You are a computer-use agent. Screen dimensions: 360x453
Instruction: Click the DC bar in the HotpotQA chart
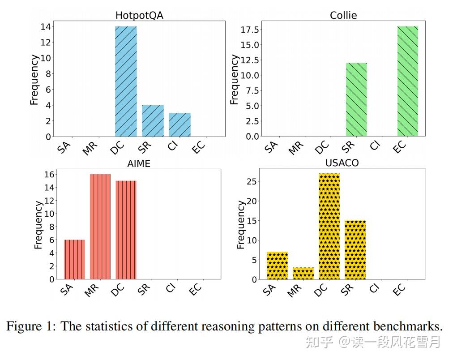[x=126, y=81]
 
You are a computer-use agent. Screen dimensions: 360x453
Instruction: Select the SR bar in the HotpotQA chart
[x=153, y=120]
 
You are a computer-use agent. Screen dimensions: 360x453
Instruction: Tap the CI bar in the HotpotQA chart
[x=179, y=124]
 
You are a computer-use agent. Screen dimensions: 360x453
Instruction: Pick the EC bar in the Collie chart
[x=407, y=81]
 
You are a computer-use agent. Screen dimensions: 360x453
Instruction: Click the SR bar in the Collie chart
[x=356, y=99]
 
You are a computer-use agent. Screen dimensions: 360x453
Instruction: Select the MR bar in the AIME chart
[x=100, y=227]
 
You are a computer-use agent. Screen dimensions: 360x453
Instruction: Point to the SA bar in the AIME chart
[x=74, y=259]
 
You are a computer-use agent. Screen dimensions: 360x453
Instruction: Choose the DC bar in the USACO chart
[x=329, y=226]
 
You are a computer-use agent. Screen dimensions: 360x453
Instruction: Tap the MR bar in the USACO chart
[x=303, y=273]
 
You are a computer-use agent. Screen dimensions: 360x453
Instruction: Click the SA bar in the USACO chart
[x=277, y=266]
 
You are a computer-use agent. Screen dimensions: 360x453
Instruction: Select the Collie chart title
[x=343, y=15]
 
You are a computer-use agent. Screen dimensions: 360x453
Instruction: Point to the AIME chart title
[x=139, y=163]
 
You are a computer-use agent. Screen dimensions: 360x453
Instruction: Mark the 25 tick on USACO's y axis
[x=253, y=181]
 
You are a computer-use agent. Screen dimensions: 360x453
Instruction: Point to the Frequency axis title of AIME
[x=38, y=225]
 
